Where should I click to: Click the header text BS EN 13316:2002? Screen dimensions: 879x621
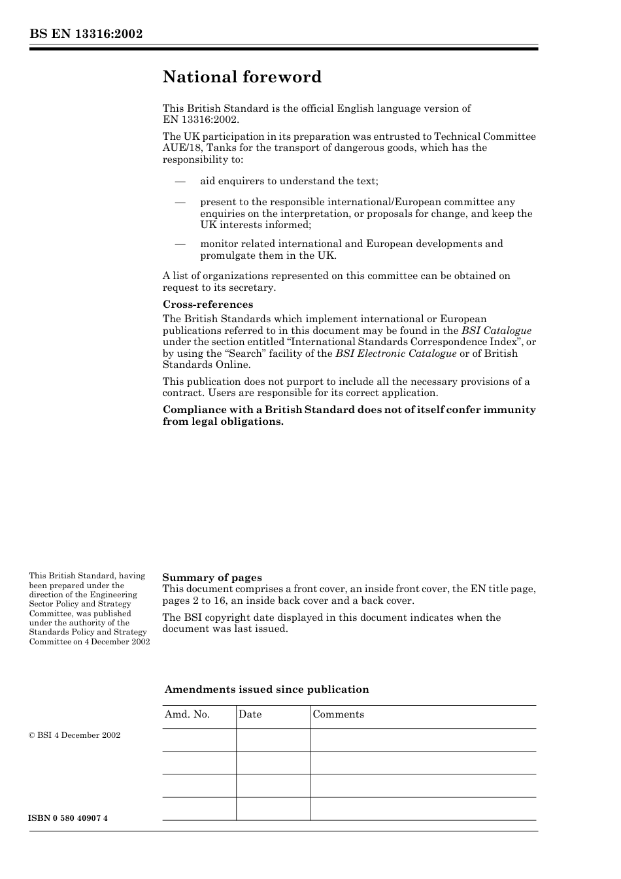coord(86,34)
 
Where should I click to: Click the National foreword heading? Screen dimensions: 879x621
coord(242,77)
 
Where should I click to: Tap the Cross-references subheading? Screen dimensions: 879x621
coord(207,305)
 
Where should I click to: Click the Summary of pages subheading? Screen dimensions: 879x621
coord(212,578)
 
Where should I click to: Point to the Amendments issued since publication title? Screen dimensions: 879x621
coord(267,689)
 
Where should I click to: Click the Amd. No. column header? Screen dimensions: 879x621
coord(187,714)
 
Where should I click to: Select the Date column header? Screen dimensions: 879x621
coord(250,714)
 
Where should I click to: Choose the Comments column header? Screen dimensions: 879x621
coord(338,714)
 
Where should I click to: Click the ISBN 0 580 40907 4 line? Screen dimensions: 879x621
coord(68,818)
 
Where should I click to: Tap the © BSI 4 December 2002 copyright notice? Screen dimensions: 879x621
coord(75,735)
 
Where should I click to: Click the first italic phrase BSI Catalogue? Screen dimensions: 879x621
coord(496,331)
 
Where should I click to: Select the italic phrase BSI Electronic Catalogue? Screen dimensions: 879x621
coord(395,354)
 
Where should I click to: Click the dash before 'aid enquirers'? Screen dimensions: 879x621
coord(180,181)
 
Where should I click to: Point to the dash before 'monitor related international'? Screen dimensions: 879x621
coord(180,244)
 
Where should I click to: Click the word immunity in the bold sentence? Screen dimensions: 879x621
coord(509,410)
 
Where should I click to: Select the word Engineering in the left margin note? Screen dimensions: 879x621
coord(114,595)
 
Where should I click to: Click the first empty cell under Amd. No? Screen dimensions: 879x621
coord(199,740)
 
